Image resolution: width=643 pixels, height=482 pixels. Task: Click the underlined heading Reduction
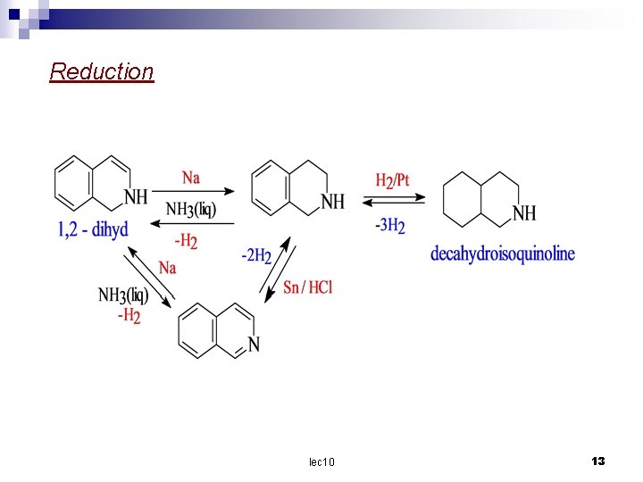102,71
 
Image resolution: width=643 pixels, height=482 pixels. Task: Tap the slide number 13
598,461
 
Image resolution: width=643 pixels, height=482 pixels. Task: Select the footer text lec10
321,461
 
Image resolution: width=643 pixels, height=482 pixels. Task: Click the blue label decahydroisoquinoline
503,254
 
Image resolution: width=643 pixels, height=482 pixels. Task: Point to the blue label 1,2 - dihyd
93,230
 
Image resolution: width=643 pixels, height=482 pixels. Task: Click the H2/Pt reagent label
392,180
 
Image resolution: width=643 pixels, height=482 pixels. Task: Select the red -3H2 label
390,225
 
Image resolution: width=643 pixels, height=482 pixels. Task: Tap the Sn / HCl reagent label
307,287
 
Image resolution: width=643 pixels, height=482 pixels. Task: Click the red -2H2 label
256,255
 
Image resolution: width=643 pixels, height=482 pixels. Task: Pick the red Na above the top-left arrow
191,177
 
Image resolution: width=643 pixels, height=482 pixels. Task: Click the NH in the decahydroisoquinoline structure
524,213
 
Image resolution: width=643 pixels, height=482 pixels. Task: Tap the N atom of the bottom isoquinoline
255,345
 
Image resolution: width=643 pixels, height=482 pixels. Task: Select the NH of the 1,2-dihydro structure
136,196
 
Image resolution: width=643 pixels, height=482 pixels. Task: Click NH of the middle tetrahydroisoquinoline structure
332,202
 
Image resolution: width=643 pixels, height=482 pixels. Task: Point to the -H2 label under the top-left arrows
186,240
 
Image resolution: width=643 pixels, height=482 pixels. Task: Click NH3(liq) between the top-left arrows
190,210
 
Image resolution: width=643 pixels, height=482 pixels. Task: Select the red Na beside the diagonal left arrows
167,267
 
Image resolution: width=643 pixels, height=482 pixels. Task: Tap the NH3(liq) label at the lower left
123,295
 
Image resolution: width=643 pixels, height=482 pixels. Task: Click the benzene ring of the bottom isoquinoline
196,330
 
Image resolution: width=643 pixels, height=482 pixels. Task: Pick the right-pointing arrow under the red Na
192,190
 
